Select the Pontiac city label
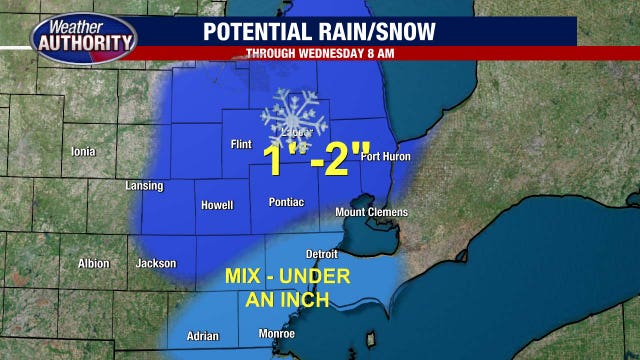(286, 202)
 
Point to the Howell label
(216, 205)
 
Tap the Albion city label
(93, 264)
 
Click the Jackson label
(156, 264)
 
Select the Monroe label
(276, 334)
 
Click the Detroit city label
(322, 254)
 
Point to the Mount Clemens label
(371, 212)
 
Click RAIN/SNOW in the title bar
(382, 31)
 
